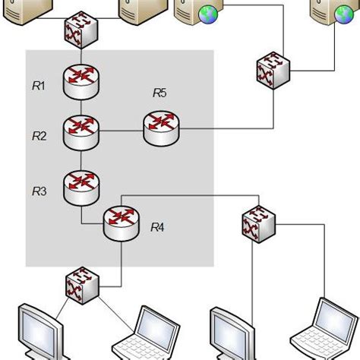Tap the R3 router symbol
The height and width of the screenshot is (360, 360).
pyautogui.click(x=81, y=185)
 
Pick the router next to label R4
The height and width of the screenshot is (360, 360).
pyautogui.click(x=120, y=221)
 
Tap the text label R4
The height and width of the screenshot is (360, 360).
pyautogui.click(x=158, y=226)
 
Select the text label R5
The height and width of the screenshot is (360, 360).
pyautogui.click(x=159, y=93)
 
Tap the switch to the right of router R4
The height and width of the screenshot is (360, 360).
pyautogui.click(x=257, y=223)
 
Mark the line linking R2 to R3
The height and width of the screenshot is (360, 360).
pyautogui.click(x=81, y=157)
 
